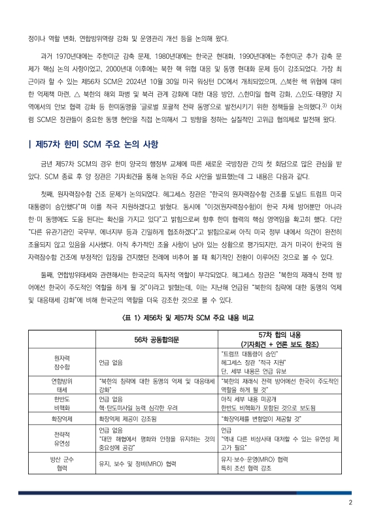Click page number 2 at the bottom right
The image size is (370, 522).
point(350,502)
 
